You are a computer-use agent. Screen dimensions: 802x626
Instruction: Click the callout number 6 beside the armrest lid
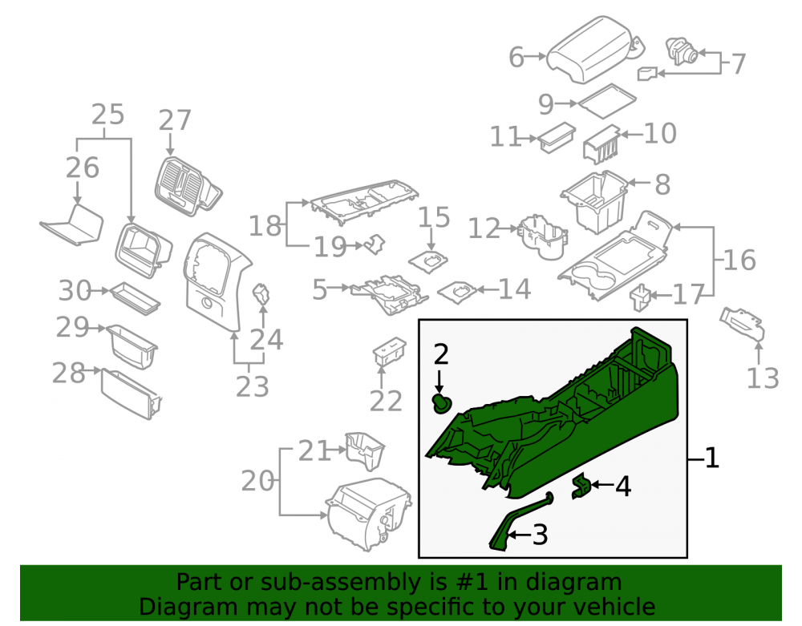(x=516, y=57)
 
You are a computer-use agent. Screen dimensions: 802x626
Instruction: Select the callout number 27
(x=174, y=120)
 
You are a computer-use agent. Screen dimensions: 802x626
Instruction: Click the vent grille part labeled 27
(x=187, y=186)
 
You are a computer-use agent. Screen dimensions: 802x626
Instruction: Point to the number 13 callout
(x=763, y=378)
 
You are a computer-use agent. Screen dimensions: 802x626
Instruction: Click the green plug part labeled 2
(x=440, y=404)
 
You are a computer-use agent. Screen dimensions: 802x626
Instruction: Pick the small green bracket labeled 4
(x=581, y=486)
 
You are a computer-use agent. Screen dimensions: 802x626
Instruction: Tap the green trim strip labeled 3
(x=519, y=521)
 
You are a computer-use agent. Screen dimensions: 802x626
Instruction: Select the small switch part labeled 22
(x=389, y=352)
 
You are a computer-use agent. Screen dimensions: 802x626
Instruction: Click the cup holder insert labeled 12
(x=543, y=236)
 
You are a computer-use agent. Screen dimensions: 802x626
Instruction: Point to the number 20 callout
(x=257, y=482)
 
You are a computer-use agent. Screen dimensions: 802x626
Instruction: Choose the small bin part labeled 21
(x=365, y=450)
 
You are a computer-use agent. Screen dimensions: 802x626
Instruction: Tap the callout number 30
(x=75, y=290)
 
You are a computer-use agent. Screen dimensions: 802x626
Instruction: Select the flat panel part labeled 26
(x=72, y=225)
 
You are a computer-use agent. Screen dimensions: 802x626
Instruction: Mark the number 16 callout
(x=739, y=260)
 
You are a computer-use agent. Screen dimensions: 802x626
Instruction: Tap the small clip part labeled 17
(x=640, y=298)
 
